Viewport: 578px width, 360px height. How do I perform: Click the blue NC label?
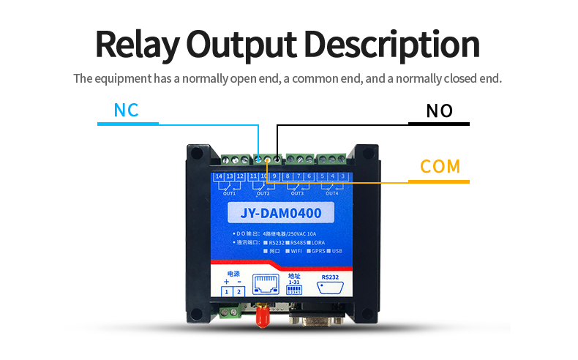pyautogui.click(x=126, y=110)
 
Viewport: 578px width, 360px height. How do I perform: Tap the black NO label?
pyautogui.click(x=440, y=111)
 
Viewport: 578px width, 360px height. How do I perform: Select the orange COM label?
pyautogui.click(x=440, y=166)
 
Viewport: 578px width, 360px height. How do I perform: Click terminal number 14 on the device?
pyautogui.click(x=219, y=176)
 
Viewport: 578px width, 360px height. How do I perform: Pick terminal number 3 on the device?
pyautogui.click(x=342, y=176)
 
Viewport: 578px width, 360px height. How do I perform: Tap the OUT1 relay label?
pyautogui.click(x=229, y=193)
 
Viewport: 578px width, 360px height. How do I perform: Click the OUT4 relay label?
pyautogui.click(x=331, y=193)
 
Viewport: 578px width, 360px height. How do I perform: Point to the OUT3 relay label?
pyautogui.click(x=298, y=193)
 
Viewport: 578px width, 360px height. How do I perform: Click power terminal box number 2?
pyautogui.click(x=238, y=292)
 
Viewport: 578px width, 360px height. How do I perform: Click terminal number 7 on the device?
pyautogui.click(x=299, y=176)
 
